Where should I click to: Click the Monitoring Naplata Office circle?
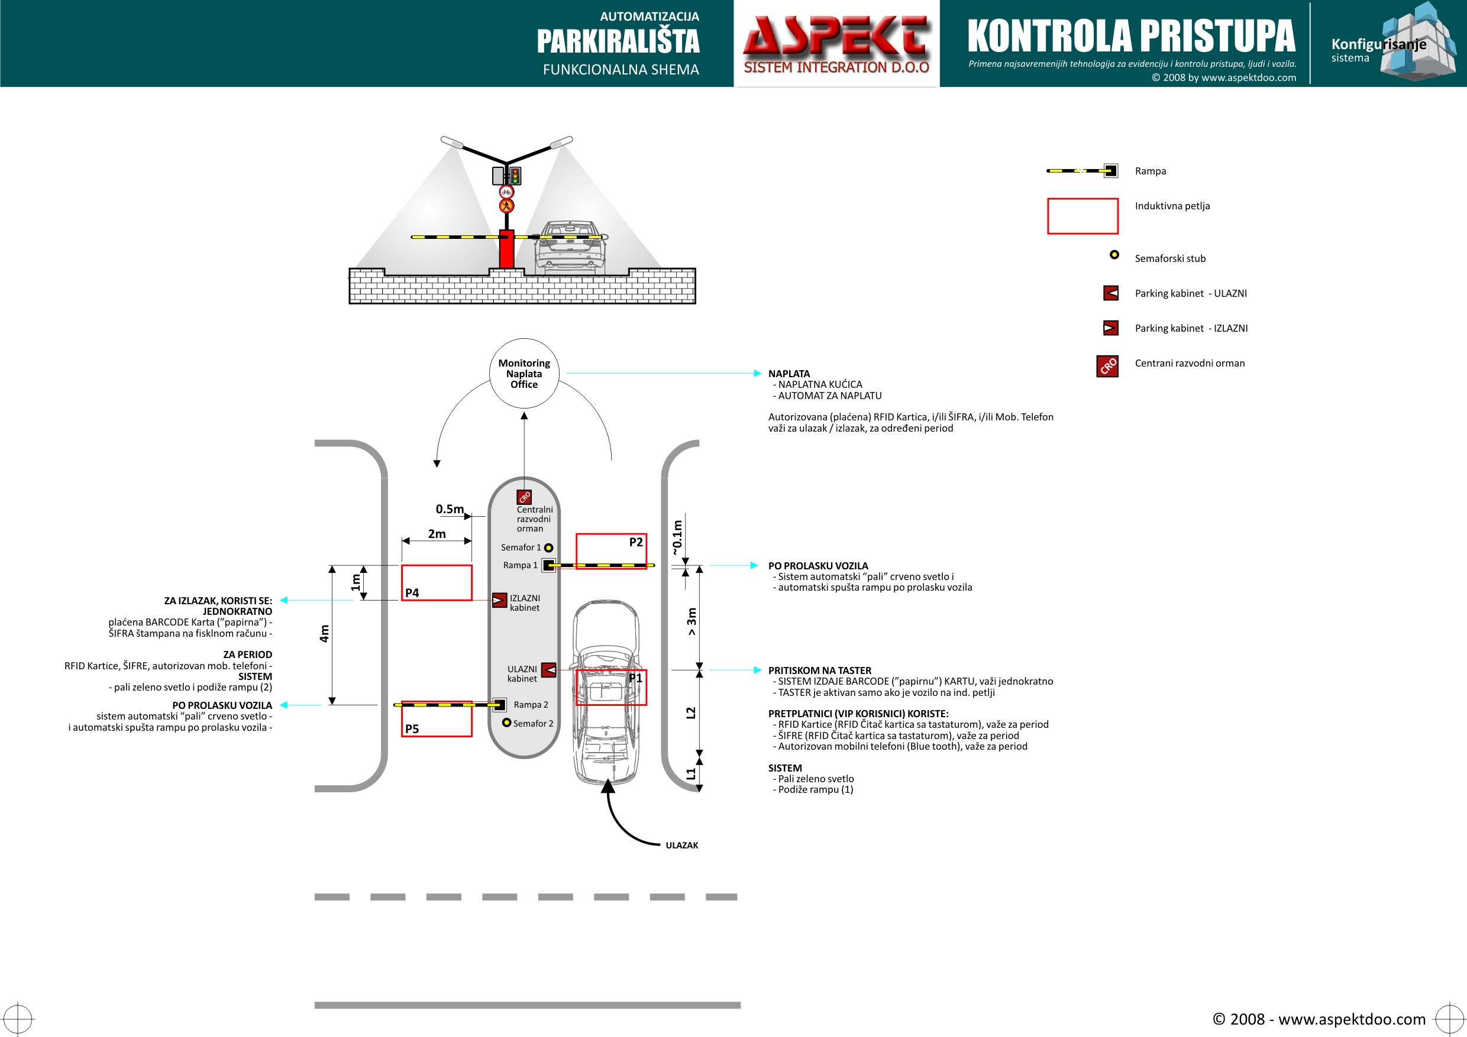tap(524, 374)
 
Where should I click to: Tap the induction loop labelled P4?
tap(437, 582)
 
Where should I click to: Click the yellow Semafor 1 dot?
tap(548, 548)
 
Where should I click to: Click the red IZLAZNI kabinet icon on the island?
tap(499, 600)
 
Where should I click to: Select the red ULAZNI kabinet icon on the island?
tap(549, 670)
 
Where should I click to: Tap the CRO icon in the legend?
tap(1107, 366)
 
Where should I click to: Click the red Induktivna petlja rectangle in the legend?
tap(1083, 216)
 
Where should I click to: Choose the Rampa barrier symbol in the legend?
tap(1082, 170)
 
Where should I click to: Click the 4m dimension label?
tap(325, 633)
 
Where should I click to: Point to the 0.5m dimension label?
tap(450, 509)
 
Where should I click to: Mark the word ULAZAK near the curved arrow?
tap(682, 845)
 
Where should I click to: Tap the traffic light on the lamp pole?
tap(515, 176)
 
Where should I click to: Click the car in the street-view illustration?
tap(568, 248)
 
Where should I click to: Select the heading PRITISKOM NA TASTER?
tap(820, 670)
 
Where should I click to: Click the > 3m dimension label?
tap(692, 621)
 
